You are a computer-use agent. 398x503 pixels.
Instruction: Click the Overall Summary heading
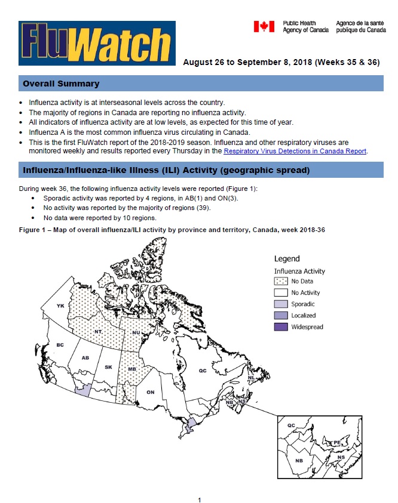tap(61, 84)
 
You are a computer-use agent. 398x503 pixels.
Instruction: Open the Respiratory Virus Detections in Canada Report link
tap(295, 152)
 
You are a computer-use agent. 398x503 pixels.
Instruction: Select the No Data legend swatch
tap(281, 281)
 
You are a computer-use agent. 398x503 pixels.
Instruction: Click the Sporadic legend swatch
tap(281, 304)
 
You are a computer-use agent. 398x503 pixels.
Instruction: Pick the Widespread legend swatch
tap(281, 327)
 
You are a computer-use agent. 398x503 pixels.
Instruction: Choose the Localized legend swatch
tap(281, 316)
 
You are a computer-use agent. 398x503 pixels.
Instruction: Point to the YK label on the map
tap(60, 306)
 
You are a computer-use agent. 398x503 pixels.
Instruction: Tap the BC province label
tap(60, 345)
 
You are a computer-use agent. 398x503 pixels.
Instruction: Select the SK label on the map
tap(108, 367)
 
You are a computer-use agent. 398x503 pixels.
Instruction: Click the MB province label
tap(131, 370)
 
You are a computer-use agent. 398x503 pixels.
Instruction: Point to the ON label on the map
tap(151, 392)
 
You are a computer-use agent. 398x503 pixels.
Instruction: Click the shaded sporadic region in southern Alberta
tap(83, 389)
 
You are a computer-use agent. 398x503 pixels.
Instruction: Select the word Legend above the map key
tap(287, 259)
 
